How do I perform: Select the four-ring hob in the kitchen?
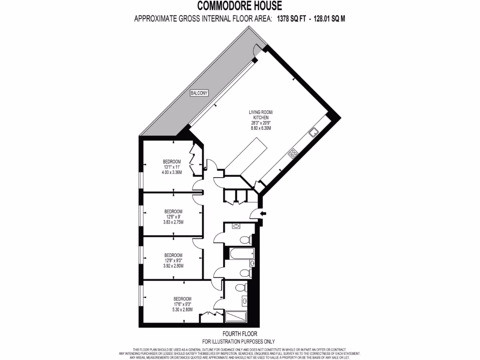pos(293,153)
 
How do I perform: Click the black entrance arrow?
pos(262,214)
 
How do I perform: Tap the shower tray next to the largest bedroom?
pos(236,317)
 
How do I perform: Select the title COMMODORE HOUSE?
pos(240,6)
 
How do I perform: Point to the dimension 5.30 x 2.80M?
pos(182,310)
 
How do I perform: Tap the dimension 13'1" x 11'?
pos(173,167)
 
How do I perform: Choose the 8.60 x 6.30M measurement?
pos(262,128)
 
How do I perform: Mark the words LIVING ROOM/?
pos(261,112)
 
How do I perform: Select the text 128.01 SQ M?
pos(330,19)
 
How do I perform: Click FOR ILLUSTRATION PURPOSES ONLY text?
pos(238,341)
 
